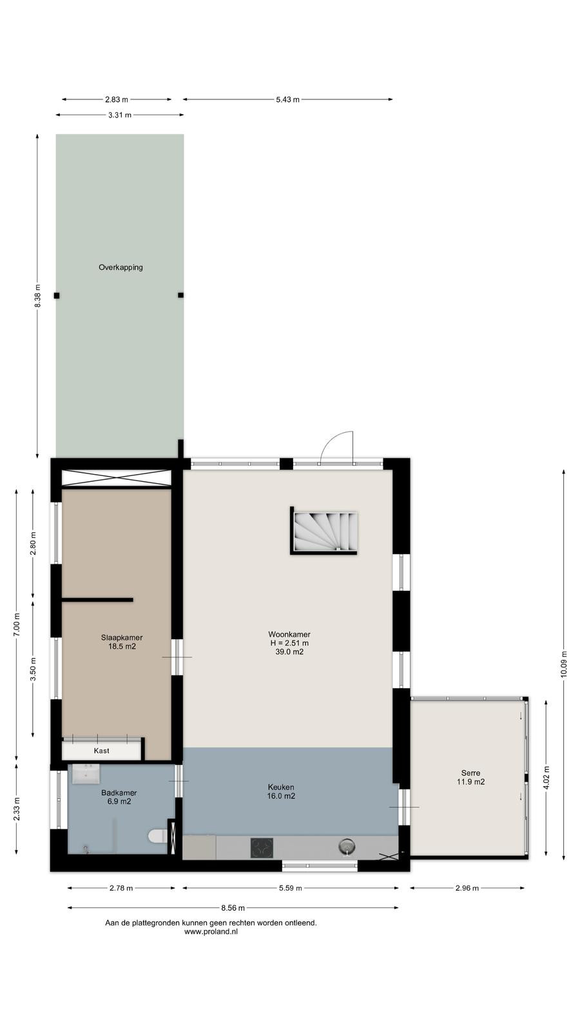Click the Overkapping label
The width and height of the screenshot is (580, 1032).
(121, 267)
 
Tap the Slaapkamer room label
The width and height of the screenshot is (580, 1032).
(122, 642)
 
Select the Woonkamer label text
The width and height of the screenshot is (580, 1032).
(289, 635)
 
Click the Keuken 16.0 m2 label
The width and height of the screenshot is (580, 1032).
(281, 791)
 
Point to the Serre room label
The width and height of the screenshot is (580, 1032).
(470, 777)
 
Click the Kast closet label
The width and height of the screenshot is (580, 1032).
(101, 751)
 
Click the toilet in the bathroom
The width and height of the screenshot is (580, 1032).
(157, 836)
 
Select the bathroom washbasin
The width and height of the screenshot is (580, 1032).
(86, 773)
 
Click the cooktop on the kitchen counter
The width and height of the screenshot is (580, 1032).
(262, 848)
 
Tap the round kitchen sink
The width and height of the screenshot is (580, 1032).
(347, 846)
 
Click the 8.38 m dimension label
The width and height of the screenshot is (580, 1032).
(38, 296)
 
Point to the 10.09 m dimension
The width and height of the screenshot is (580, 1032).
(564, 664)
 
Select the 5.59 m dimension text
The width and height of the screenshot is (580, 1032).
(291, 888)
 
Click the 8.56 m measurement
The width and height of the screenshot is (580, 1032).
(233, 908)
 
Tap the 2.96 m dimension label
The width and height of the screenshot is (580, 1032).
(467, 888)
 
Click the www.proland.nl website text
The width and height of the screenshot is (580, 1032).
(211, 931)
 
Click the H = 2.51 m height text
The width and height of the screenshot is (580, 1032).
(289, 643)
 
